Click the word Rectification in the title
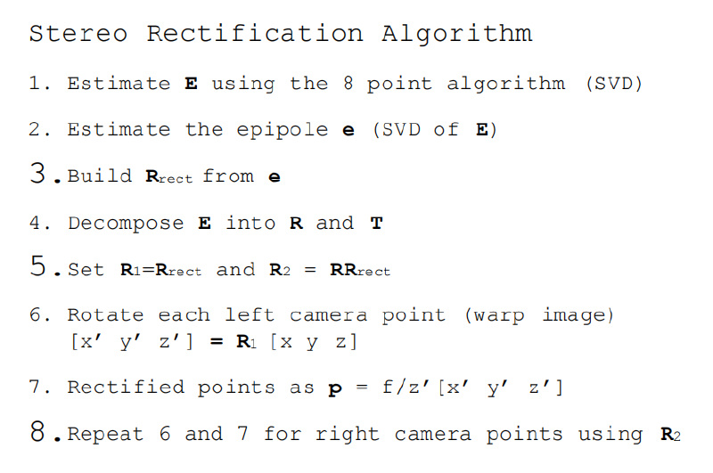click(255, 34)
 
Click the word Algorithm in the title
click(456, 35)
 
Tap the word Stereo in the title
click(78, 34)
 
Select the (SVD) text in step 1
click(614, 84)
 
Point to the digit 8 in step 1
click(348, 83)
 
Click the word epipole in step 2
click(282, 130)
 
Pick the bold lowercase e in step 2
click(348, 131)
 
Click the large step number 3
click(37, 173)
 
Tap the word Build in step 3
click(100, 175)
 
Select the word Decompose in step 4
click(126, 224)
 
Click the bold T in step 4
click(376, 223)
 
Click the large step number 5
click(37, 265)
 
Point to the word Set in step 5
click(86, 269)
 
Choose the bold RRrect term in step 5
click(360, 269)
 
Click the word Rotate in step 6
click(105, 314)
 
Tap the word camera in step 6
click(328, 315)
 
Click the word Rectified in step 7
click(126, 387)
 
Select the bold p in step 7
click(335, 389)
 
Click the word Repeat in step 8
click(105, 435)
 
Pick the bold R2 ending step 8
click(671, 435)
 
